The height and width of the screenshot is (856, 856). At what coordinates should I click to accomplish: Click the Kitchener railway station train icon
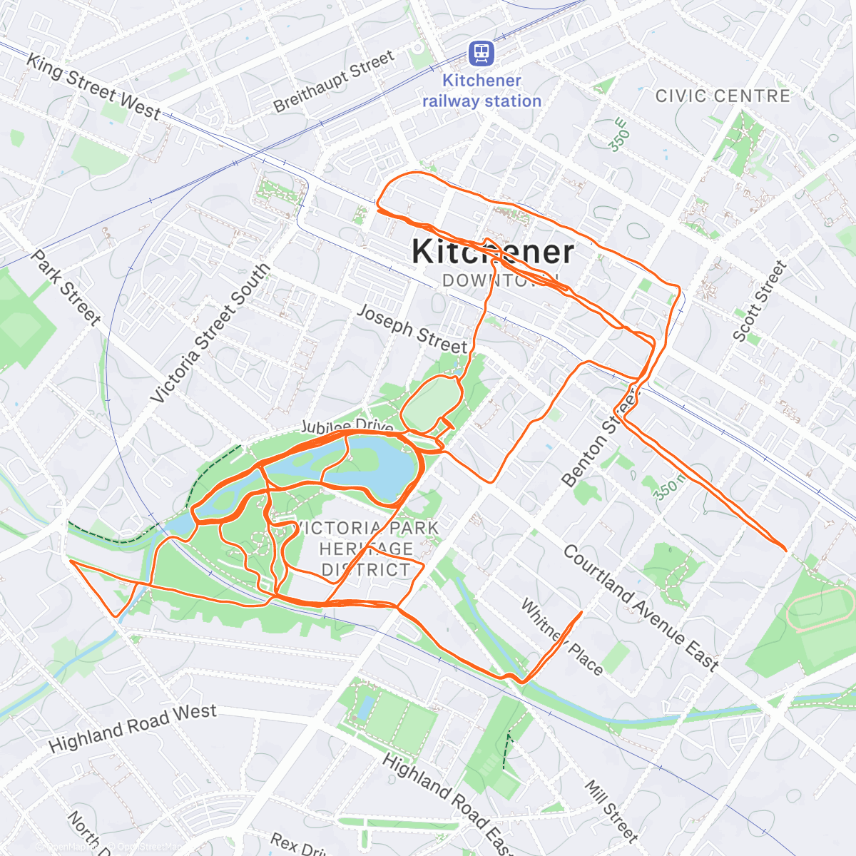tap(481, 53)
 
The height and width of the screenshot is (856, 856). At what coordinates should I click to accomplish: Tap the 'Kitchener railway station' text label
tap(481, 91)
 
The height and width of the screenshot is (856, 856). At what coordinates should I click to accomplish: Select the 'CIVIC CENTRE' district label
tap(723, 96)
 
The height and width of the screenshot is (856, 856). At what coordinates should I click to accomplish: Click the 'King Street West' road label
tap(93, 86)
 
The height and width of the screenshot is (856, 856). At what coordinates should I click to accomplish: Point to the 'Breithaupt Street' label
tap(334, 81)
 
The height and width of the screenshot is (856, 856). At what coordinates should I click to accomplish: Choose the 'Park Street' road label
tap(66, 287)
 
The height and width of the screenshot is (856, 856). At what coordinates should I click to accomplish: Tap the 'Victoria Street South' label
tap(211, 332)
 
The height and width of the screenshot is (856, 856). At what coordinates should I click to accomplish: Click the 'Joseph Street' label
tap(412, 329)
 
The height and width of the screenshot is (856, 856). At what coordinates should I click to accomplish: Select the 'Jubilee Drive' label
tap(347, 427)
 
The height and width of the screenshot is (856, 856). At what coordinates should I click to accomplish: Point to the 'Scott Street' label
tap(760, 301)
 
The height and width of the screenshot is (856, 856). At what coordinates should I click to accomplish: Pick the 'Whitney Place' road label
tap(562, 637)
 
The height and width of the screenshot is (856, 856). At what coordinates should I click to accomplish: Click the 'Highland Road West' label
tap(133, 728)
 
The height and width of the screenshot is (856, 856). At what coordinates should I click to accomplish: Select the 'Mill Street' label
tap(611, 810)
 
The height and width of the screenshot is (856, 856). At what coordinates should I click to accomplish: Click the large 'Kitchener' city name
tap(492, 252)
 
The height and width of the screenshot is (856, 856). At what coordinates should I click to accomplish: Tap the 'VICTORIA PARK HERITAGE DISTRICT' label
tap(367, 549)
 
